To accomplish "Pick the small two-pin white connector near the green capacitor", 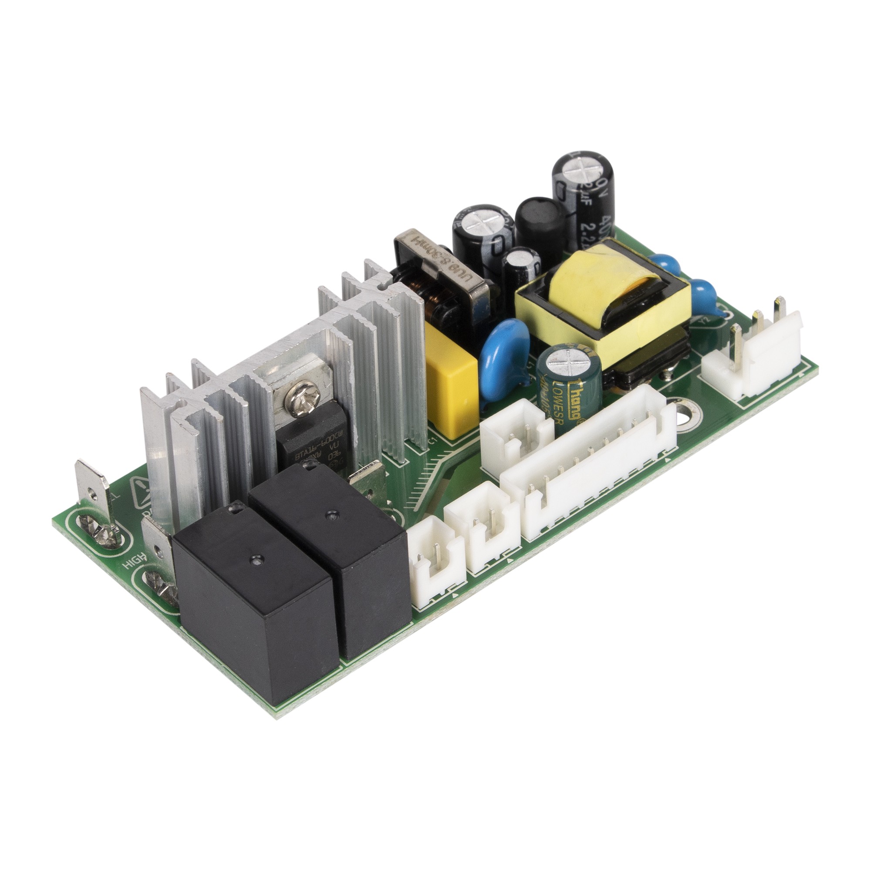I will pyautogui.click(x=514, y=435).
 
